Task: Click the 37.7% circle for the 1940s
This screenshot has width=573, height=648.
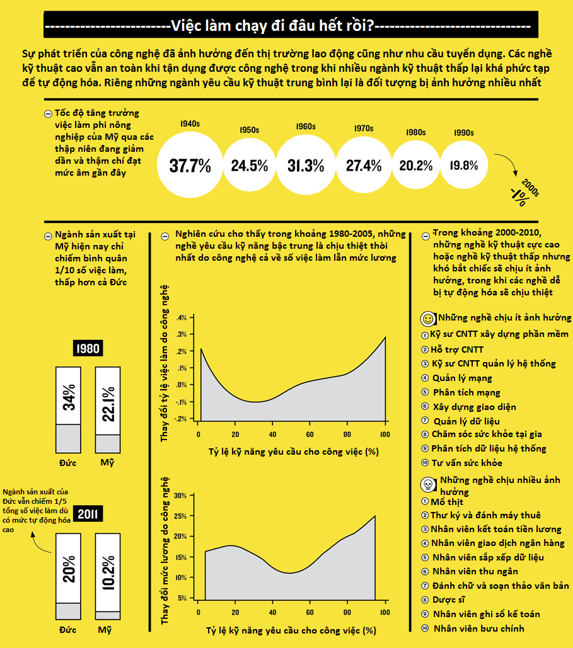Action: point(190,166)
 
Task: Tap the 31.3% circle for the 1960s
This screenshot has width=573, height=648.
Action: point(306,166)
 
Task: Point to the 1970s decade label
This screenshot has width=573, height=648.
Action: point(364,128)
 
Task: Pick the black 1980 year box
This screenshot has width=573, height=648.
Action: point(88,348)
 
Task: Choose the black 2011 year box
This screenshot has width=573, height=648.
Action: point(88,514)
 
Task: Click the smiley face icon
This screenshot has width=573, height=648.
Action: point(427,318)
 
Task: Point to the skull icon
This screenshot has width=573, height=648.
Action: point(427,484)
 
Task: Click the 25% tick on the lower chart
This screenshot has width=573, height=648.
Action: point(180,516)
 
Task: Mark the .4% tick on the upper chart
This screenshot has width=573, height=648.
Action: point(182,317)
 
